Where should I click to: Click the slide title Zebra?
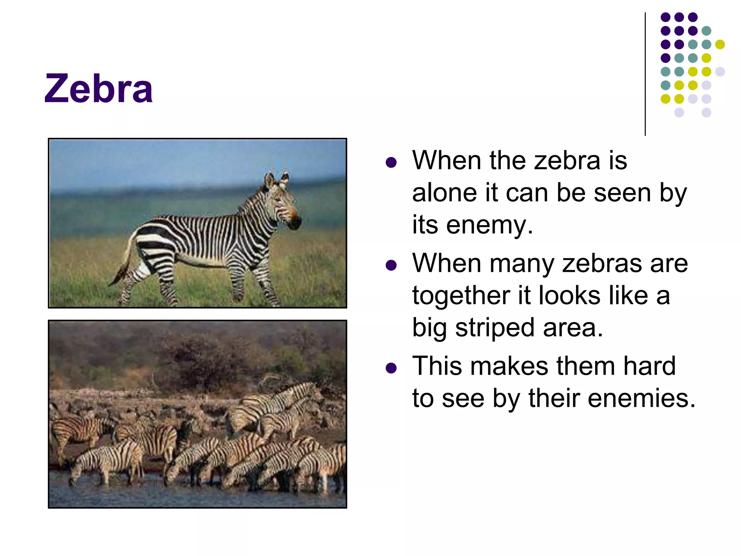click(x=98, y=89)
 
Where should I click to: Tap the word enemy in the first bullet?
click(x=489, y=225)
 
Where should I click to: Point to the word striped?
click(x=495, y=328)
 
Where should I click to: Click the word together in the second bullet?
click(x=461, y=295)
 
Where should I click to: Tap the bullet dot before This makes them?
click(x=391, y=368)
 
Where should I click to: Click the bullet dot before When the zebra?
click(x=391, y=163)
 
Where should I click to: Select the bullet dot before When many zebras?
click(x=391, y=265)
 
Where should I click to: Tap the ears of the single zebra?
click(x=276, y=179)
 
